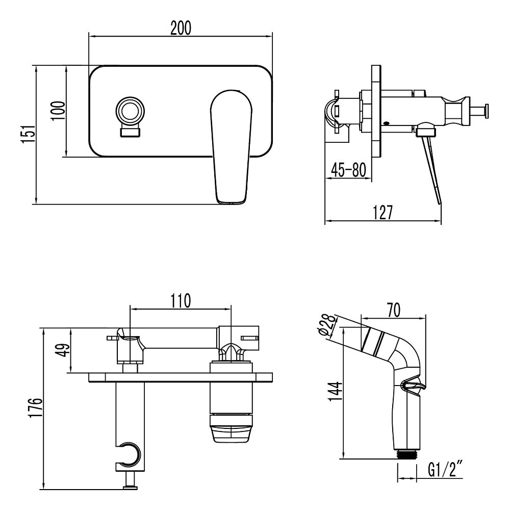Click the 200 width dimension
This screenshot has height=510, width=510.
[x=181, y=28]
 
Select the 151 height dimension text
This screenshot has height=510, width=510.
[x=28, y=133]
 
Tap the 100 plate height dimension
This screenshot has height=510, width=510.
[x=59, y=111]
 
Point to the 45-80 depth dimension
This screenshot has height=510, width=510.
[x=348, y=170]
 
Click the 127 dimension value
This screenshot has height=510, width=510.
[x=382, y=212]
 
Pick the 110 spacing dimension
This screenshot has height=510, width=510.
[x=181, y=301]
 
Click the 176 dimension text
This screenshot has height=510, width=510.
[x=36, y=408]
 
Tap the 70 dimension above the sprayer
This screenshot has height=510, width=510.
[x=394, y=310]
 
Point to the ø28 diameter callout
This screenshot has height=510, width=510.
[x=326, y=325]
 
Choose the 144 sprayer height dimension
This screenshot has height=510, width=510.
[x=336, y=392]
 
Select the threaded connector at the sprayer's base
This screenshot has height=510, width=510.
[x=406, y=454]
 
